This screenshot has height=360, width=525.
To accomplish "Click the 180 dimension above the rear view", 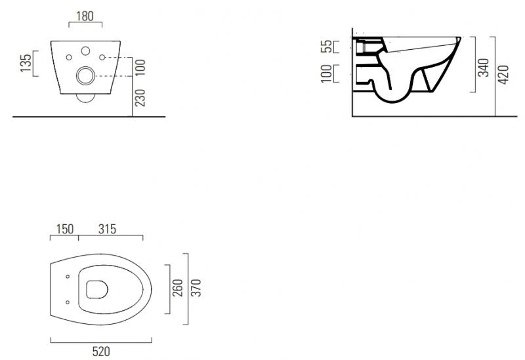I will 85,15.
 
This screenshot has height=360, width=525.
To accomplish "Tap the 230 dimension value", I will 139,97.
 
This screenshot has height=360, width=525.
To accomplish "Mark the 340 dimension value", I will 484,67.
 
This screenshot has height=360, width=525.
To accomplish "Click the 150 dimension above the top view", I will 64,229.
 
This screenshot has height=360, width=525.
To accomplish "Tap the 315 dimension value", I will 107,229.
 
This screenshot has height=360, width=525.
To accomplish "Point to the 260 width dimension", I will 178,287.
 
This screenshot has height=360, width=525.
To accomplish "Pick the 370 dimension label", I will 196,287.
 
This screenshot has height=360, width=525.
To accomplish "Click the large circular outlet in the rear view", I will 85,76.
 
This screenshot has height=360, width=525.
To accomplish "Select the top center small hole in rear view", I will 85,51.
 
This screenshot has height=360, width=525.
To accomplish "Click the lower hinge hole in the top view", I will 68,302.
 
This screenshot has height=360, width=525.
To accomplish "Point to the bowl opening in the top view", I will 96,289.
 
